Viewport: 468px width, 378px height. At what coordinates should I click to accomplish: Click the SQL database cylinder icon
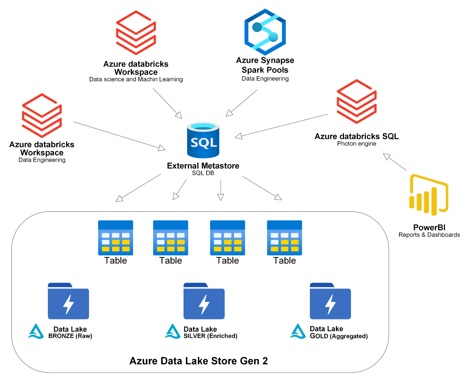click(x=203, y=140)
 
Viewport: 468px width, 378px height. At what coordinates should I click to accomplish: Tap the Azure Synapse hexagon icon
click(x=265, y=32)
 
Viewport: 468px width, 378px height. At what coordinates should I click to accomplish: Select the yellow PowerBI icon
click(x=429, y=195)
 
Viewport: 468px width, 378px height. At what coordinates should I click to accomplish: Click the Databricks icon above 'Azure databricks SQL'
click(x=356, y=101)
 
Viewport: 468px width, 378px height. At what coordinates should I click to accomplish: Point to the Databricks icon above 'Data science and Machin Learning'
click(x=136, y=32)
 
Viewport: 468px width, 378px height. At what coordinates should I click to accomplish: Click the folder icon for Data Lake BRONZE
click(x=68, y=301)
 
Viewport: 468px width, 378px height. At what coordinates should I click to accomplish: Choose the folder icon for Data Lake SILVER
click(x=204, y=301)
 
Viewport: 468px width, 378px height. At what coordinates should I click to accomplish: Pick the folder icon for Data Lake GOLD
click(x=330, y=301)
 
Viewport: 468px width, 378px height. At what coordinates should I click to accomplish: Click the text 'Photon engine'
click(x=356, y=144)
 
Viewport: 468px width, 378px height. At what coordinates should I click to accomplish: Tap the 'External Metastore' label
click(x=203, y=166)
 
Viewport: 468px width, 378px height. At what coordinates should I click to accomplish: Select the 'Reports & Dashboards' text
click(x=429, y=234)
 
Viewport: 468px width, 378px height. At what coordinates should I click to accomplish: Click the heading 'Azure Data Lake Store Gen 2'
click(x=199, y=361)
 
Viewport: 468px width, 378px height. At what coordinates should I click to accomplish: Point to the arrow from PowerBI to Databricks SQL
click(x=394, y=162)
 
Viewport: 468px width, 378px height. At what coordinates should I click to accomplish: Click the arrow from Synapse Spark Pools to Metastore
click(x=241, y=103)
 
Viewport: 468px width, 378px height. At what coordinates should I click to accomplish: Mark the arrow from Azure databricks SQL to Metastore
click(x=281, y=126)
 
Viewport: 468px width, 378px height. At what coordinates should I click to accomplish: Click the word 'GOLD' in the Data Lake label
click(x=319, y=336)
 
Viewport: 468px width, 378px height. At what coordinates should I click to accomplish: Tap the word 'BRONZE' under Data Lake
click(x=61, y=336)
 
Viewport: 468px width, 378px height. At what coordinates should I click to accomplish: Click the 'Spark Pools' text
click(x=265, y=70)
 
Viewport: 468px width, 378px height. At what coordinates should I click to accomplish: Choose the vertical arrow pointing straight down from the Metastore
click(x=221, y=190)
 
